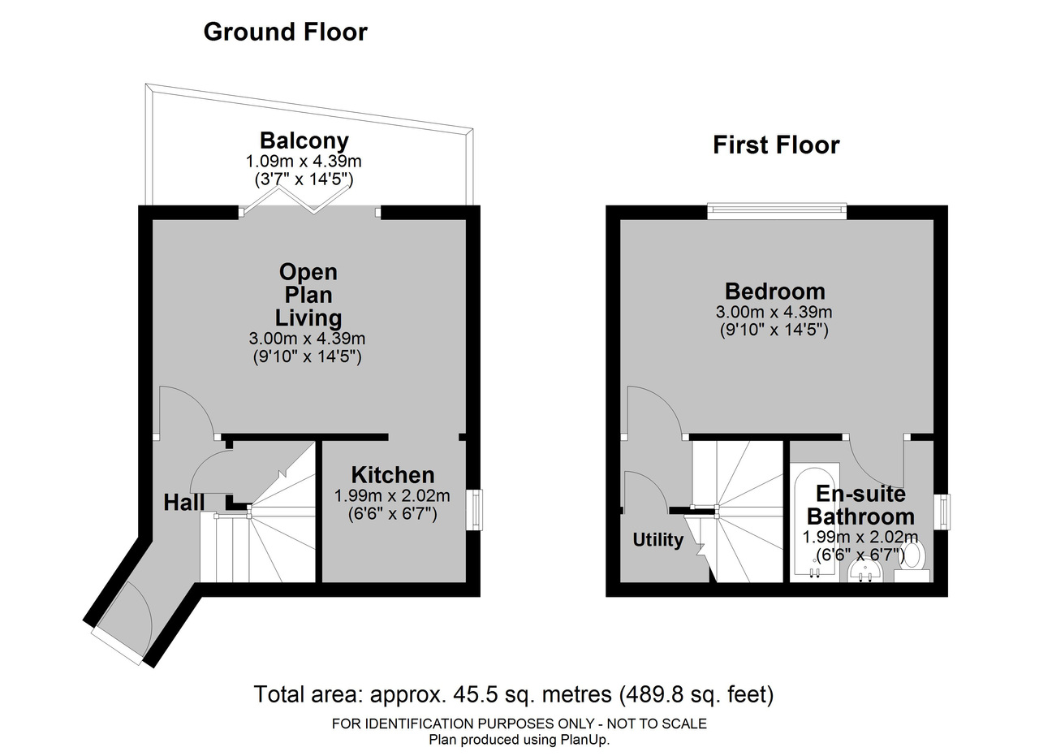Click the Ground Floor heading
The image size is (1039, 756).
tap(285, 32)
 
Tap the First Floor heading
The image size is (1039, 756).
tap(776, 145)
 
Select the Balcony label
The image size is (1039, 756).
tap(304, 140)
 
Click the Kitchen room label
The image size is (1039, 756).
tap(392, 475)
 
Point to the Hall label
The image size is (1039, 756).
tap(183, 503)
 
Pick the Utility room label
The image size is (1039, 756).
tap(657, 540)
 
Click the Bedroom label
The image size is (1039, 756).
tap(775, 292)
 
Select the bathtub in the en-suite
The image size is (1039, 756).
tap(814, 523)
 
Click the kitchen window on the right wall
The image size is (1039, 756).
tap(477, 510)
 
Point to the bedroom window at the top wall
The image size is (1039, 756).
tap(777, 210)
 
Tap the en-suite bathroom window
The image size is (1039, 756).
tap(945, 512)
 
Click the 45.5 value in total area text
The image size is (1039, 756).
tap(472, 695)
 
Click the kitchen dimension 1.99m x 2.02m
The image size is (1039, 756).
tap(392, 495)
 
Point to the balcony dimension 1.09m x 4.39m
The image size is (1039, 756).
tap(304, 162)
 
